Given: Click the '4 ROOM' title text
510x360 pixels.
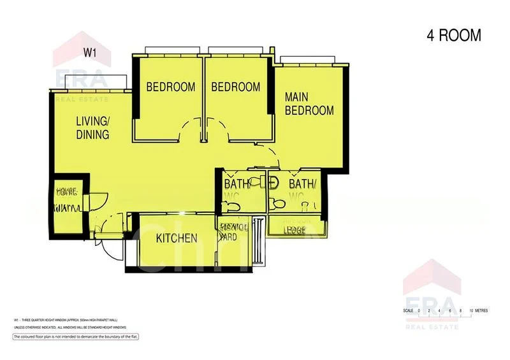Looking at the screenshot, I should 453,36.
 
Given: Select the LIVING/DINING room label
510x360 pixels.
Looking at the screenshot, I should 92,127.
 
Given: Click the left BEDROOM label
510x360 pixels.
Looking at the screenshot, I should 171,87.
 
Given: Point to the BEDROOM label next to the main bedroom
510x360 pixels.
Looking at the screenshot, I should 236,87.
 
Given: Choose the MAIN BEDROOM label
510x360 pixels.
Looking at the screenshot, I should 309,104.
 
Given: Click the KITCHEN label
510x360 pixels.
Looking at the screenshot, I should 177,238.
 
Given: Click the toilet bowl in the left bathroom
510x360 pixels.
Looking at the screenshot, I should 230,205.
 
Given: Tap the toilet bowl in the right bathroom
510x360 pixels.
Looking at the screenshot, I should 277,204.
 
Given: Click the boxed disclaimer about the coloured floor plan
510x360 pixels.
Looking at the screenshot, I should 76,336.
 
